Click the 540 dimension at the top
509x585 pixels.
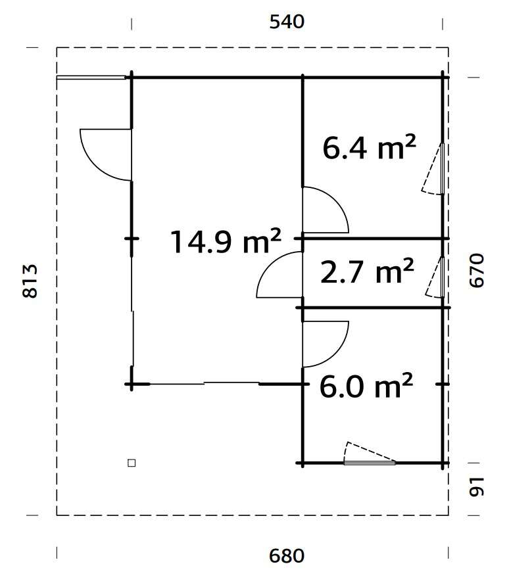click(287, 22)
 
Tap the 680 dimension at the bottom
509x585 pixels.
click(287, 556)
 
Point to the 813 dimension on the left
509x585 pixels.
click(31, 281)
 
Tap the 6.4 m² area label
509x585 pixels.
click(369, 148)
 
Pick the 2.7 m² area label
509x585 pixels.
click(367, 271)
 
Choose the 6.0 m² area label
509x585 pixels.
click(366, 387)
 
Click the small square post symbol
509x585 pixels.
click(132, 463)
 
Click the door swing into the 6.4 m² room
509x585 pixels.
click(325, 210)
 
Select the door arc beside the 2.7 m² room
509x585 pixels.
click(279, 276)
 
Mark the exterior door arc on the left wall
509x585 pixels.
click(105, 154)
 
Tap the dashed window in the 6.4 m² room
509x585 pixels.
click(435, 169)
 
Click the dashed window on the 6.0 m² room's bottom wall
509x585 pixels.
click(370, 454)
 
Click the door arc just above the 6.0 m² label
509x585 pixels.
click(325, 344)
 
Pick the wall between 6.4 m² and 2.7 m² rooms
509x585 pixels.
click(375, 238)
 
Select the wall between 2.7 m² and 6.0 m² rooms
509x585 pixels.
click(375, 308)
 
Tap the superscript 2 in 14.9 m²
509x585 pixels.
click(275, 233)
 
